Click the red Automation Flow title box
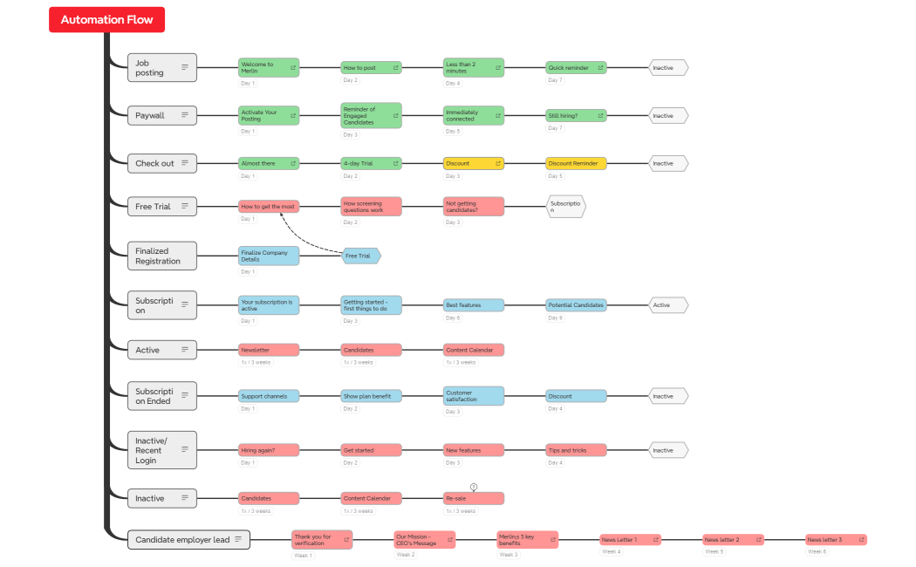[106, 19]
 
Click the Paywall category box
[161, 115]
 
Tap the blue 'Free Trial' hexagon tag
[360, 256]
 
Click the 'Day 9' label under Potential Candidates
[555, 318]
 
